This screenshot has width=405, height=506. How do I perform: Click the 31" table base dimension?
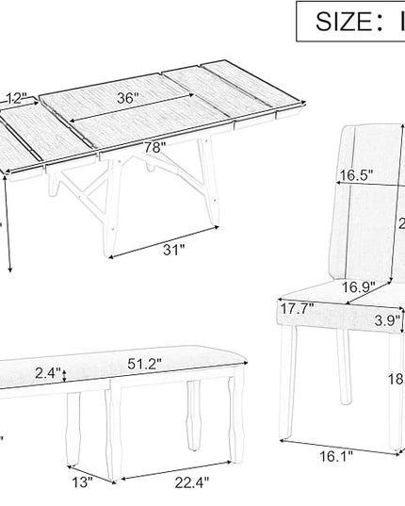(171, 249)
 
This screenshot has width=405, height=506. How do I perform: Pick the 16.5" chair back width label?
(356, 175)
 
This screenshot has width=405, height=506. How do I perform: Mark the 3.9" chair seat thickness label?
(386, 320)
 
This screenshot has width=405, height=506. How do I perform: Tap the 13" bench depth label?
(83, 483)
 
